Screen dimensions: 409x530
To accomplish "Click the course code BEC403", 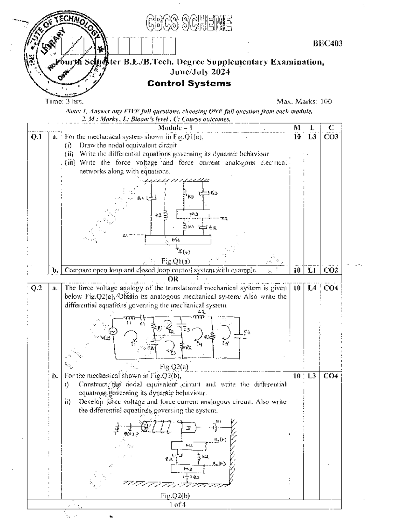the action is click(328, 43).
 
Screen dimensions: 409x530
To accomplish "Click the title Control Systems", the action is click(189, 83).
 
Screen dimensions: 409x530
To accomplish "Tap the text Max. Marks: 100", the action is click(304, 101).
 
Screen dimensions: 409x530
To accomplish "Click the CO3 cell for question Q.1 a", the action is click(330, 137).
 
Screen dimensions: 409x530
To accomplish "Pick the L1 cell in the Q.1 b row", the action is click(312, 270).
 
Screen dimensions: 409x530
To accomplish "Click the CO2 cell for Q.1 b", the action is click(330, 270).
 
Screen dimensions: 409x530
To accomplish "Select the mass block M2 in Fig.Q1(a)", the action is click(194, 214).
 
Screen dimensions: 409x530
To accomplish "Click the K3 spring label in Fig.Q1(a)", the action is click(158, 215).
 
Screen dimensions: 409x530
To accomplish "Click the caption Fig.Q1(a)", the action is click(175, 261).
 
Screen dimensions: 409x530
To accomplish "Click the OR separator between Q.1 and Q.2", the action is click(173, 279).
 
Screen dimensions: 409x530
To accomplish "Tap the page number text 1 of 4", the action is click(177, 504).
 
